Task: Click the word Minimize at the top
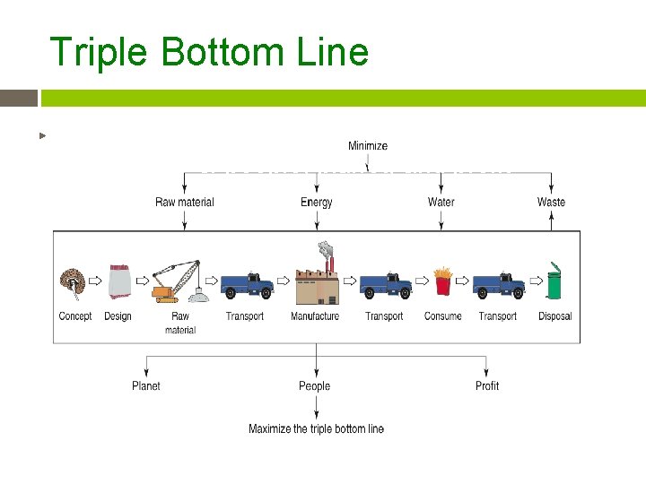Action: coord(368,145)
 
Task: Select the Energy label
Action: coord(316,202)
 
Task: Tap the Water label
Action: coord(441,202)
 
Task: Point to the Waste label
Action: coord(551,202)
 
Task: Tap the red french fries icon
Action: coord(442,281)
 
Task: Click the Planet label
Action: coord(146,385)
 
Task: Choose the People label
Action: coord(315,385)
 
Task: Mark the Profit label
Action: coord(487,385)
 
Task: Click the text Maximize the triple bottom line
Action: coord(316,428)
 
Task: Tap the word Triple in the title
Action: coord(100,52)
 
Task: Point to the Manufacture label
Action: coord(315,315)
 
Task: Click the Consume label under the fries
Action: coord(442,315)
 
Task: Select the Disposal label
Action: coord(554,315)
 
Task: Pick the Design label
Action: coord(118,315)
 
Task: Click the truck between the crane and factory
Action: coord(247,283)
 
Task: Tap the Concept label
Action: coord(75,315)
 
